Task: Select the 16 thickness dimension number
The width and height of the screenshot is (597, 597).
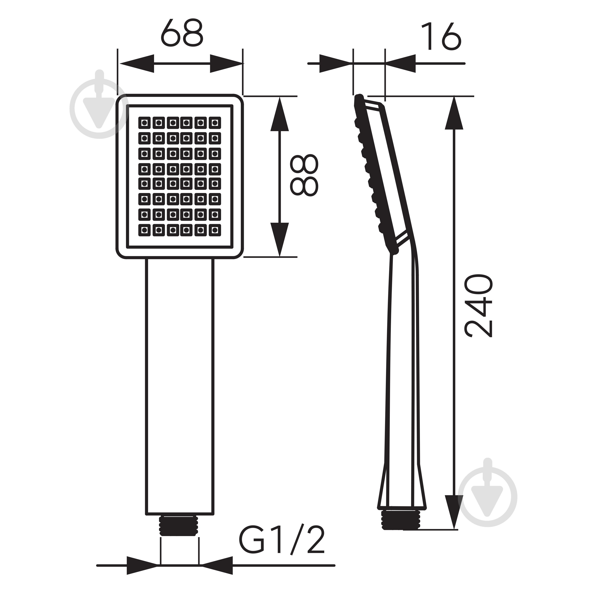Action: pos(441,36)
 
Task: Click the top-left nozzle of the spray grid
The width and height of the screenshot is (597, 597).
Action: pos(144,123)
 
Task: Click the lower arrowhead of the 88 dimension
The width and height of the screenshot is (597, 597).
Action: pos(280,239)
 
